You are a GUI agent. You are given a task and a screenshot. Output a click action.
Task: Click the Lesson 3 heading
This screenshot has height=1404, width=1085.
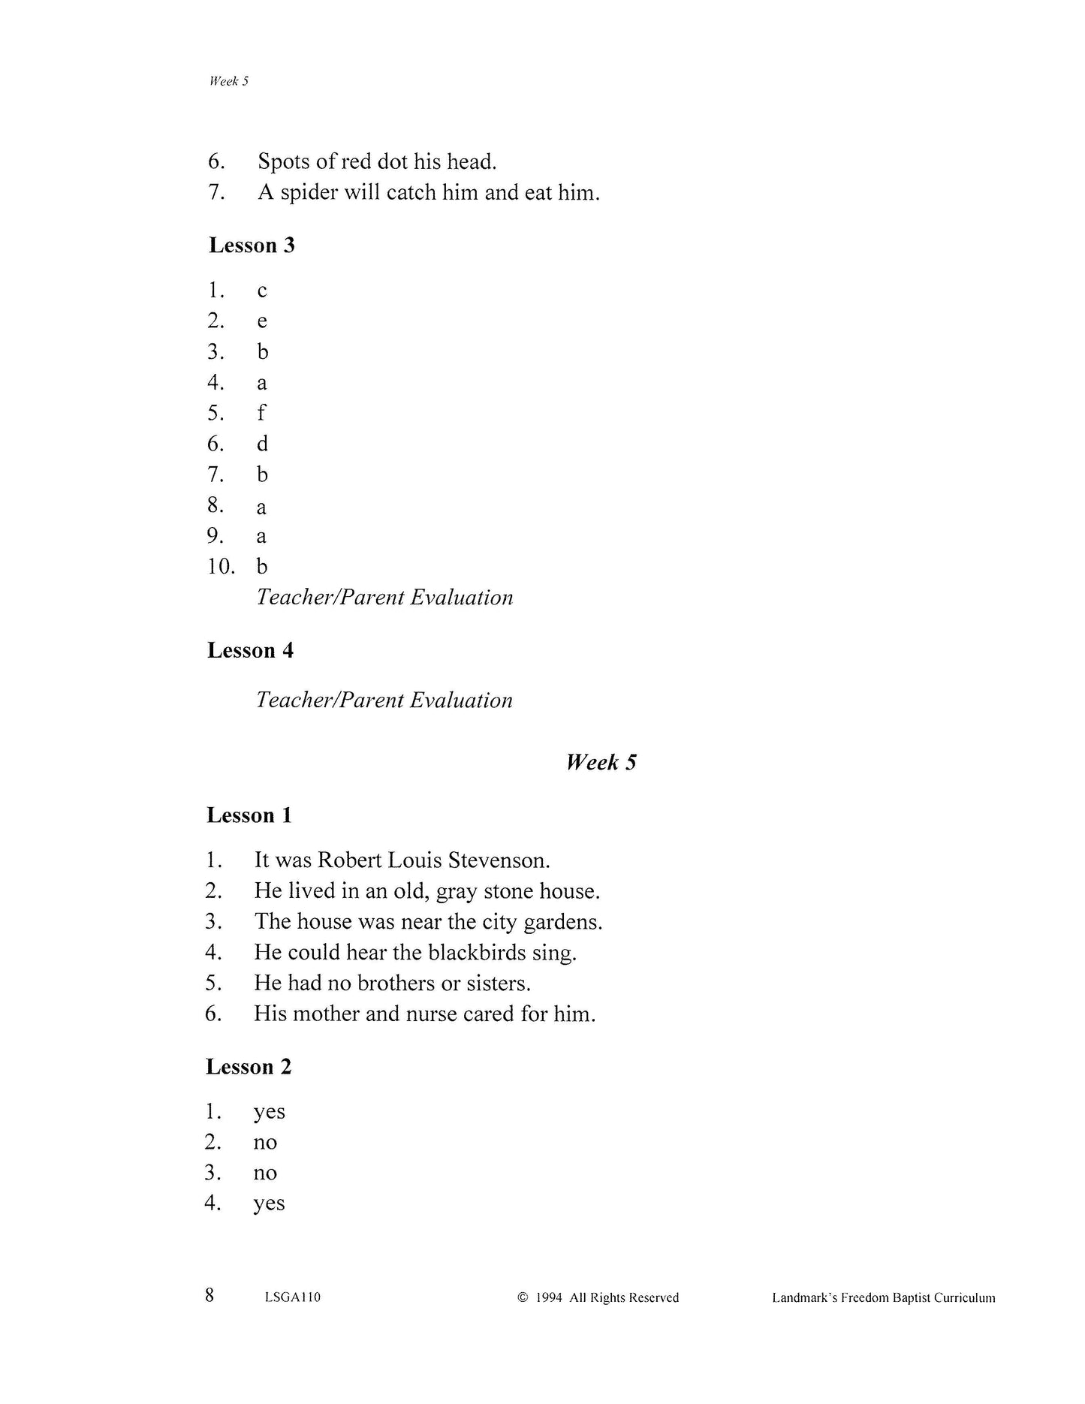pos(252,246)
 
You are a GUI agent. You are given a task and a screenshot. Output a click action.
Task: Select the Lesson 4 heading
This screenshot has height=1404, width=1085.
pos(250,650)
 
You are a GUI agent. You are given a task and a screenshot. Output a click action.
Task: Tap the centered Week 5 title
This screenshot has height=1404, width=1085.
pos(601,763)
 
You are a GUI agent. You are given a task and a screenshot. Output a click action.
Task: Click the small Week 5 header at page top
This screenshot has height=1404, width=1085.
pos(228,81)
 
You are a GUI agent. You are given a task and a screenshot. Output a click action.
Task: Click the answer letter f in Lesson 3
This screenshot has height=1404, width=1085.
pos(261,413)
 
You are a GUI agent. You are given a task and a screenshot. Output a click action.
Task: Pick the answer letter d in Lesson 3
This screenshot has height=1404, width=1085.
pos(262,444)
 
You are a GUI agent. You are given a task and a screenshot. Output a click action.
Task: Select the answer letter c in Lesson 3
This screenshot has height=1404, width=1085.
pos(262,291)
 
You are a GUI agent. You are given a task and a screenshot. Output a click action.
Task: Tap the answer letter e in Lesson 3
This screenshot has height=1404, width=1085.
pos(262,321)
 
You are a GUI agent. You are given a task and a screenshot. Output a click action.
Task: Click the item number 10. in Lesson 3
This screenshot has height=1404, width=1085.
pos(221,566)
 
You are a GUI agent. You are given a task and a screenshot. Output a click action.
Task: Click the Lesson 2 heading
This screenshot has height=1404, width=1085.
pos(249,1067)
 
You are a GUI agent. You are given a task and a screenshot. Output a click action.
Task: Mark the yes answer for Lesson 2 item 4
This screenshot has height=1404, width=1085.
pos(270,1204)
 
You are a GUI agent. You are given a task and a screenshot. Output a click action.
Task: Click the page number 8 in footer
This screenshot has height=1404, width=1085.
pos(209,1295)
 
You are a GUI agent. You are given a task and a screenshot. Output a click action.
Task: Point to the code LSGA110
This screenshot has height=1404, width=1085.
pos(293,1297)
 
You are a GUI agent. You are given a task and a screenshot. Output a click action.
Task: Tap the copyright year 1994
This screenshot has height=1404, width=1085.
pos(549,1297)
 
